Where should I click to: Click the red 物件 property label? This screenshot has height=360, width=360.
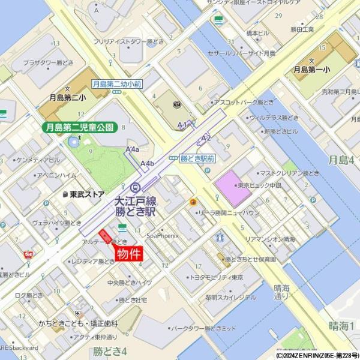[129, 254]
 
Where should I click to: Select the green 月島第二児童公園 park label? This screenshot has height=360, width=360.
[79, 127]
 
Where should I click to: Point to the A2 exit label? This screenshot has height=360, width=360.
[206, 139]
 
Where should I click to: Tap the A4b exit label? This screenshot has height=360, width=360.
[148, 163]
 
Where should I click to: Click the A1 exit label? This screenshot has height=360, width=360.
[183, 125]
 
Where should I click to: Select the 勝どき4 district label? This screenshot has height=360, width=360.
[110, 350]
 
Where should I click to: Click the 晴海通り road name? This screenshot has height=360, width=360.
[281, 291]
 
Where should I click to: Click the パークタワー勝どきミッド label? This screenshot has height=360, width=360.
[204, 329]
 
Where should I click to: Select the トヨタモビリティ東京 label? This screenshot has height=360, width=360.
[216, 277]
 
